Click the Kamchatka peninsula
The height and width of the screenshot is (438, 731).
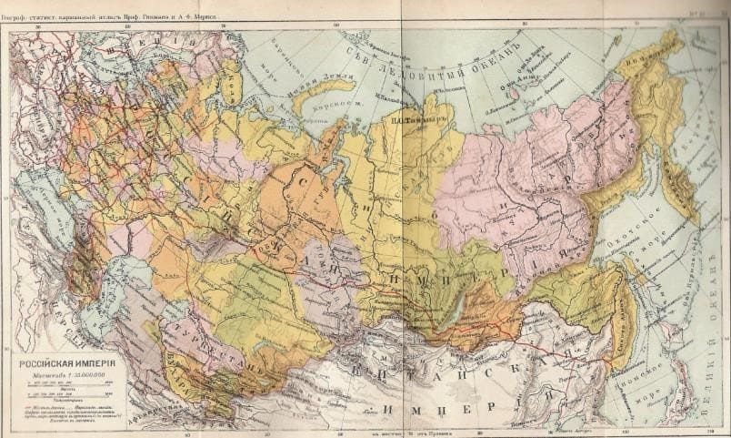(x=678, y=182)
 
